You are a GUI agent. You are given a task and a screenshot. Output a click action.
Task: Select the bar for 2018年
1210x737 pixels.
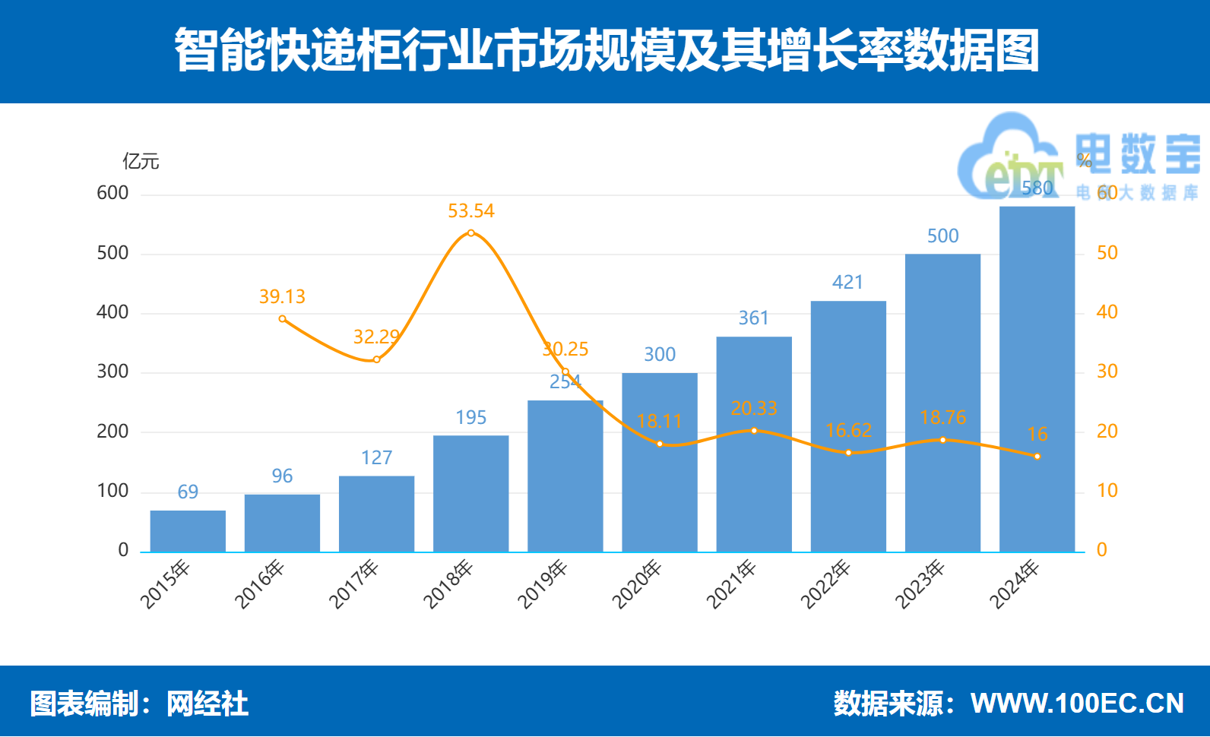pos(470,493)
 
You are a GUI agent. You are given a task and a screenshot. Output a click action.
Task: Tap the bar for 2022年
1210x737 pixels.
pos(848,425)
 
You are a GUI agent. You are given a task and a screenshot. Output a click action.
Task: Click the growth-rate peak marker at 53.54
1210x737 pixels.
pos(471,232)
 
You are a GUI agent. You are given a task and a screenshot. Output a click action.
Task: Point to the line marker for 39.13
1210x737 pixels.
pos(282,319)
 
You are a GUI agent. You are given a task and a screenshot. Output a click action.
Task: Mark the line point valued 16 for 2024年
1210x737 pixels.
pos(1037,457)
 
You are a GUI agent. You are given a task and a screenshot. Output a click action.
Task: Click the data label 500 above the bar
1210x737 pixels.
pos(942,236)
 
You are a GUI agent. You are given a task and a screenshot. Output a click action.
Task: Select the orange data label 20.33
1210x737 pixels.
pos(754,409)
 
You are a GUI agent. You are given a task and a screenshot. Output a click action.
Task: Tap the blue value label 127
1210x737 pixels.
pos(376,457)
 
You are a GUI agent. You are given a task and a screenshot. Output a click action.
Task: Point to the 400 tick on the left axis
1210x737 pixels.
pos(112,312)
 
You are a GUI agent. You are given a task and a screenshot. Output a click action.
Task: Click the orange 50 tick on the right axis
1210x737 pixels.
pos(1107,253)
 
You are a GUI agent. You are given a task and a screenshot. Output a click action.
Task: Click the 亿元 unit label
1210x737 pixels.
pos(141,161)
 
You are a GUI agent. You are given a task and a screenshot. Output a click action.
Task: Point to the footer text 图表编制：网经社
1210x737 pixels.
pos(139,704)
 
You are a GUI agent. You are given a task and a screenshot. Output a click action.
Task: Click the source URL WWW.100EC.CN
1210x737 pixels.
pos(1077,704)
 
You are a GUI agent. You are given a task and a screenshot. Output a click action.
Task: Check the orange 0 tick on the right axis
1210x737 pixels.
pos(1101,550)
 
